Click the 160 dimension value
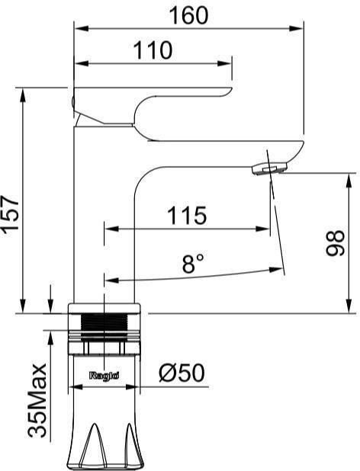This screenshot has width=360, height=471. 188,15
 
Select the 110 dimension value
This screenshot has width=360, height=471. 153,50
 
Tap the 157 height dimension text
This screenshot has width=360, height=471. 11,214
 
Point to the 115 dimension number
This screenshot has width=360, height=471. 187,216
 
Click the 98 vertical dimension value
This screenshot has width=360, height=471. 335,242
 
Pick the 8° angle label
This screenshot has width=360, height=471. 193,263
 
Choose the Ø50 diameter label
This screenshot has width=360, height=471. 182,373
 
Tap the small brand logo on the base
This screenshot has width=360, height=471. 104,376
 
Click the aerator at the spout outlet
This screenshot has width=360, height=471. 269,168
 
